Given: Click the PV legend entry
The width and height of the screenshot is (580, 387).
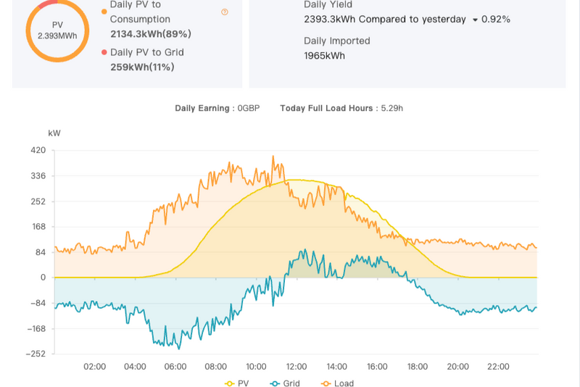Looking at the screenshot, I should click(239, 383).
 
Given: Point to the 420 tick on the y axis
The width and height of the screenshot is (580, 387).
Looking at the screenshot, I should click(38, 151).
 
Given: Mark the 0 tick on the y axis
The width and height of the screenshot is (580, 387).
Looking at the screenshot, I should click(43, 278).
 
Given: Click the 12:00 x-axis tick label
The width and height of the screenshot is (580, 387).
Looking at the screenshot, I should click(297, 366).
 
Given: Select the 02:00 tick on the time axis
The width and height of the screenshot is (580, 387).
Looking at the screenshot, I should click(95, 366).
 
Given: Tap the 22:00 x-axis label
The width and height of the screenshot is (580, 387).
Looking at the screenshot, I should click(498, 366).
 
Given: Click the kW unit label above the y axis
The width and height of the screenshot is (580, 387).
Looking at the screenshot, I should click(54, 133).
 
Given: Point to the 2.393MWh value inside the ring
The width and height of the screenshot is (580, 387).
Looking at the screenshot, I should click(57, 35).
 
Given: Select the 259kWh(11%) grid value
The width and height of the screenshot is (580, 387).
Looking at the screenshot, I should click(142, 67).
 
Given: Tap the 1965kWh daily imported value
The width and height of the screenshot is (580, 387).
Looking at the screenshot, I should click(324, 56).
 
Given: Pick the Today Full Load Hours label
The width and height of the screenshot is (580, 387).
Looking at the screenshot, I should click(326, 108).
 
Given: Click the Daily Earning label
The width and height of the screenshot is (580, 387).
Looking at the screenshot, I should click(202, 108).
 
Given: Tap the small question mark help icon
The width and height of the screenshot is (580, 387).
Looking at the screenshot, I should click(225, 12).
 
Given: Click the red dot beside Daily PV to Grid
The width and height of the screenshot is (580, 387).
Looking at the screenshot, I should click(104, 52).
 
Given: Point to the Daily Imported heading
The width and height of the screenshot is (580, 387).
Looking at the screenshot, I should click(337, 41).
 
